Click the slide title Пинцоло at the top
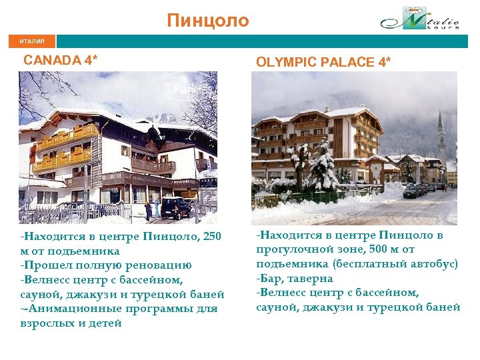click(208, 21)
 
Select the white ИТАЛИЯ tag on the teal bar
click(32, 41)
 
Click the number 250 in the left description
click(211, 237)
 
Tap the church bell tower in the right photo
click(440, 133)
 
